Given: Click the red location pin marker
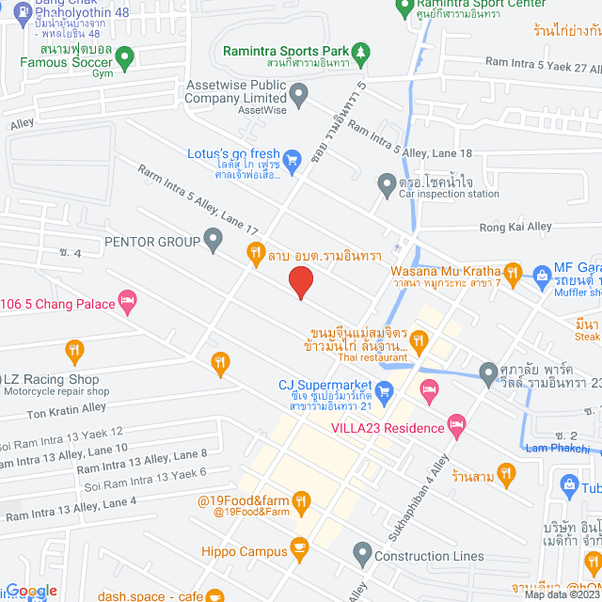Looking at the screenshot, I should click(x=300, y=282).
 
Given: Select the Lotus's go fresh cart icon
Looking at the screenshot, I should click(x=292, y=159).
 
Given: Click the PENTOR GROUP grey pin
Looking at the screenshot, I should click(x=214, y=242).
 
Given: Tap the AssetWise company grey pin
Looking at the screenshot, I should click(x=299, y=93).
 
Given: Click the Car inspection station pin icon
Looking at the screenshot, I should click(x=386, y=183).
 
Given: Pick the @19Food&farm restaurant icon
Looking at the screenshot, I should click(x=301, y=503).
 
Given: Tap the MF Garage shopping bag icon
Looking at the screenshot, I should click(x=541, y=276).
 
